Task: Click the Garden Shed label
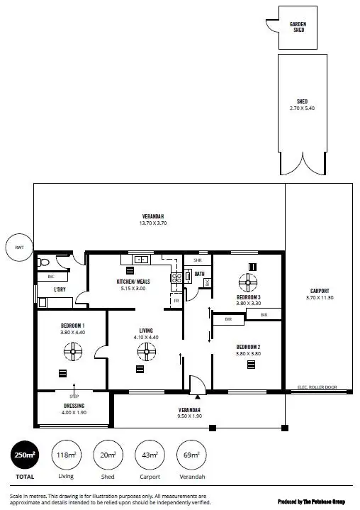coord(298,27)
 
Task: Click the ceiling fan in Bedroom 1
coord(73,349)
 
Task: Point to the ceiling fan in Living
coord(147,349)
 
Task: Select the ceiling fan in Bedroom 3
coord(250,282)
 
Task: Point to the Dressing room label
coord(74,406)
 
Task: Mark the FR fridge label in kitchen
coord(176,301)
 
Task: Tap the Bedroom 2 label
coord(250,347)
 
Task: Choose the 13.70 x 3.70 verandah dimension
coord(153,223)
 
